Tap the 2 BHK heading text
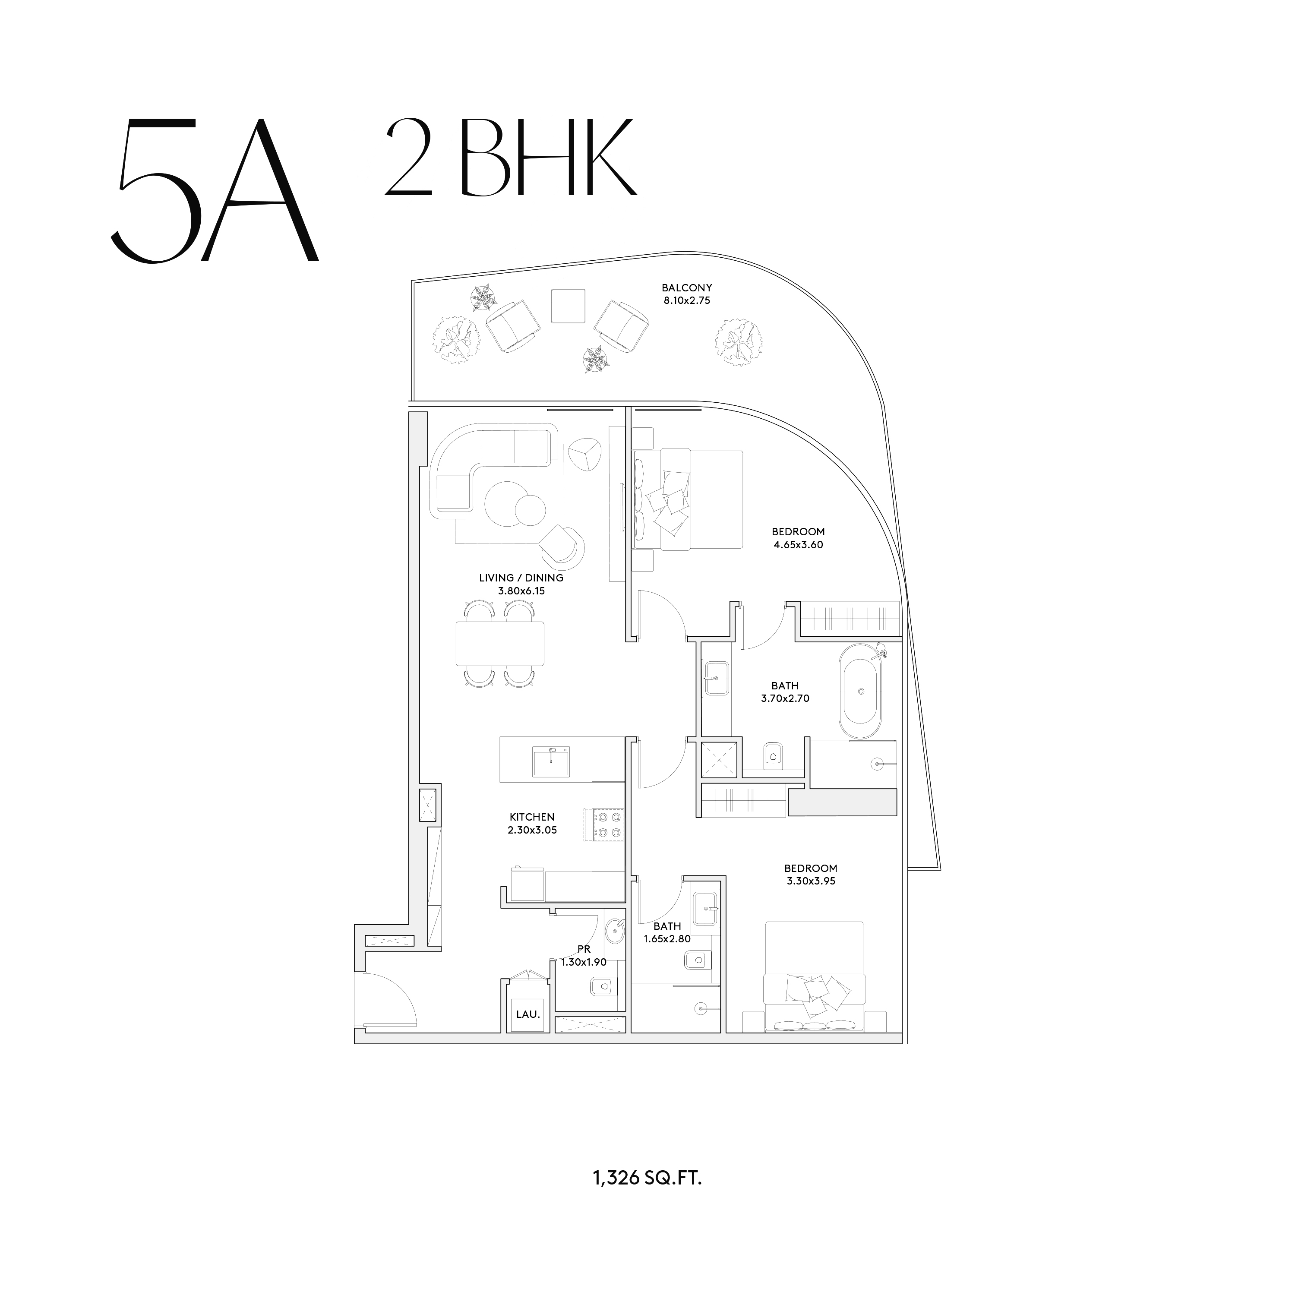(x=510, y=158)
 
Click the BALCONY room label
(x=686, y=287)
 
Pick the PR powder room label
(x=584, y=949)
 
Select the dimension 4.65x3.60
(x=798, y=545)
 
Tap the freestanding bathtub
(x=860, y=692)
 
